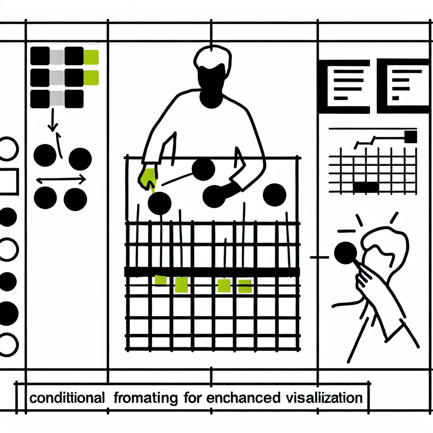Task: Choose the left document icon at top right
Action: (x=344, y=86)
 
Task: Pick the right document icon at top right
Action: (x=403, y=86)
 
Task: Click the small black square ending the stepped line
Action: (x=411, y=137)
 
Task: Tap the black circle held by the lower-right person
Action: (x=345, y=253)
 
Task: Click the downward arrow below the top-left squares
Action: (x=52, y=121)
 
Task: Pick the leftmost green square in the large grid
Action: (x=161, y=280)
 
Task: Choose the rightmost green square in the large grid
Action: (x=245, y=286)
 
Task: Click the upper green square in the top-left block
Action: (x=91, y=57)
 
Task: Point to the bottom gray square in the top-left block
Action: (x=57, y=99)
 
